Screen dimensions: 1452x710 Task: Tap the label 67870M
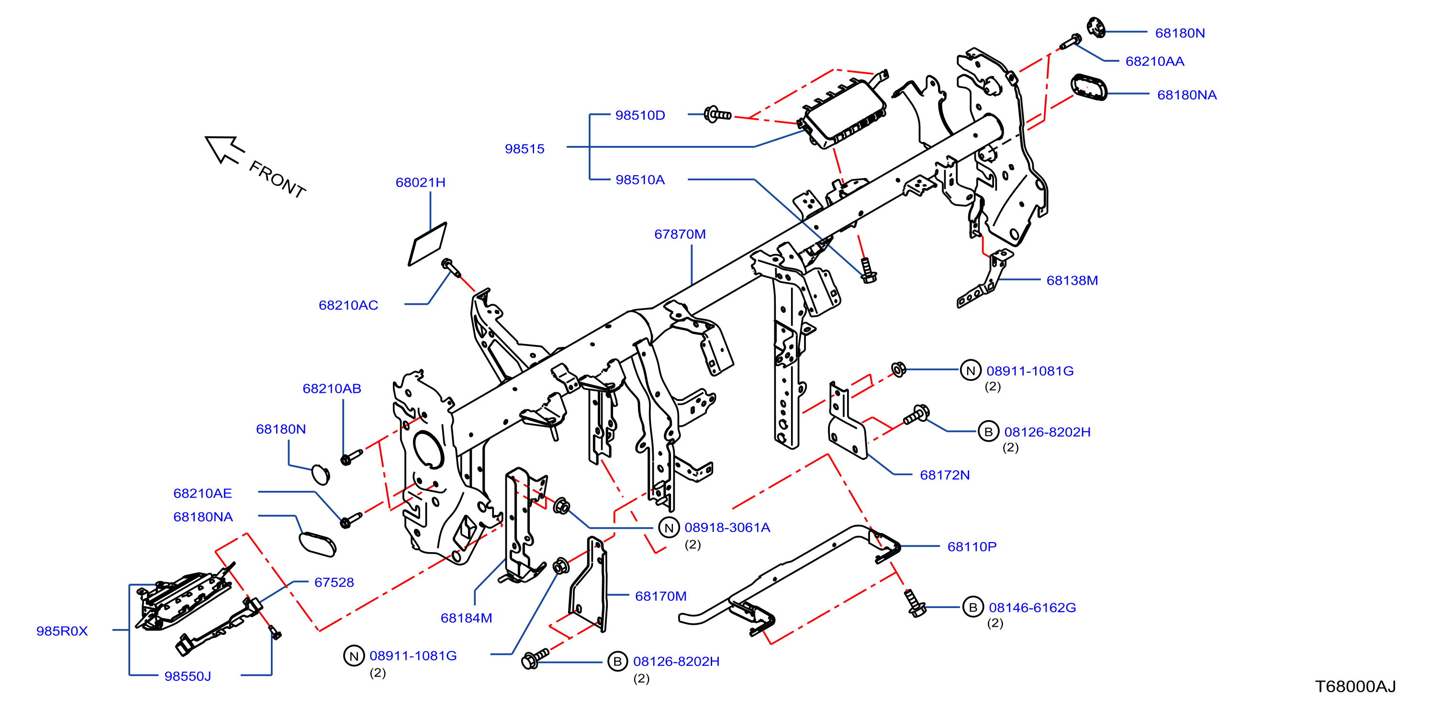tap(680, 234)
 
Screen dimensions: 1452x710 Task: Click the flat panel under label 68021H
tap(427, 244)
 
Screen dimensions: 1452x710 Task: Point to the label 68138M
tap(1072, 280)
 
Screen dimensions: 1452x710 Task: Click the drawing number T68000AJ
tap(1356, 687)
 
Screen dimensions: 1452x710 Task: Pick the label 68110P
tap(972, 546)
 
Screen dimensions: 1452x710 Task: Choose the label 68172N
tap(945, 475)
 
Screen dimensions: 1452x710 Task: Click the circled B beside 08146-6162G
tap(973, 607)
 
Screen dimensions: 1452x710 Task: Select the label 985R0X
tap(62, 631)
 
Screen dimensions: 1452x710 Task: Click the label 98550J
tap(188, 676)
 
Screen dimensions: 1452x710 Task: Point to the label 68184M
tap(466, 618)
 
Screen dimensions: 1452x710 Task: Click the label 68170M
tap(660, 596)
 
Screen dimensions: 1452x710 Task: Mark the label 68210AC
tap(348, 305)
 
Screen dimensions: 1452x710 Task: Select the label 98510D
tap(640, 115)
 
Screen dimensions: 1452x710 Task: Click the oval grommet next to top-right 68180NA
tap(1088, 88)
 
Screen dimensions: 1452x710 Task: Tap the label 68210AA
tap(1154, 61)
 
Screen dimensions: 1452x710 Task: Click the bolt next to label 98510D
tap(717, 114)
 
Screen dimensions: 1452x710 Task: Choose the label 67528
tap(334, 583)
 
